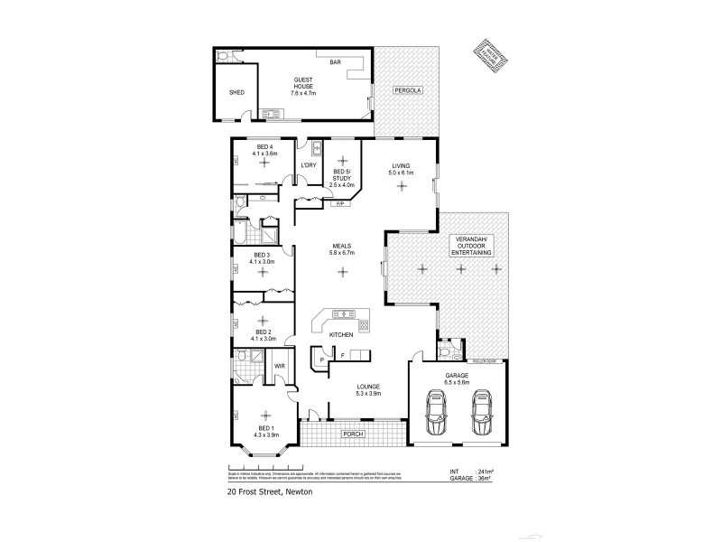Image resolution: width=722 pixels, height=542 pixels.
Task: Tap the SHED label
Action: (x=236, y=92)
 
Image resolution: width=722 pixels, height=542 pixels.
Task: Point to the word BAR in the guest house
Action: (x=335, y=62)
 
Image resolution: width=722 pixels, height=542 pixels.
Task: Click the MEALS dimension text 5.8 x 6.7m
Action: (x=341, y=253)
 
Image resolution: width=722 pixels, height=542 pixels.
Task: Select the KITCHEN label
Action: (x=340, y=335)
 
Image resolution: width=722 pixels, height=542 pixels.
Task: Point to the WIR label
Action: (x=280, y=366)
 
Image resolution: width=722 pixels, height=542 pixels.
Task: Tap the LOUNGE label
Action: (x=369, y=387)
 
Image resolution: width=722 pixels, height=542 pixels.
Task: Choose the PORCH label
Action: (x=352, y=435)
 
